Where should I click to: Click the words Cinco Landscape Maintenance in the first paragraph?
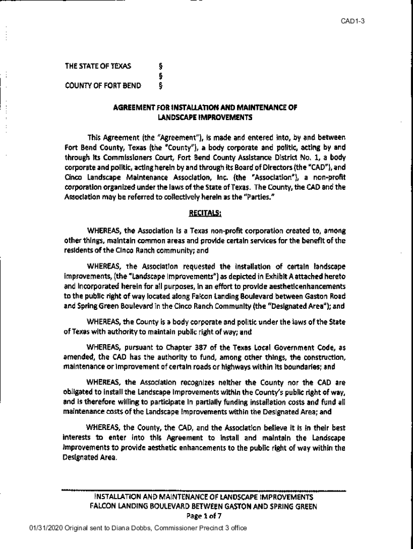click(x=112, y=177)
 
